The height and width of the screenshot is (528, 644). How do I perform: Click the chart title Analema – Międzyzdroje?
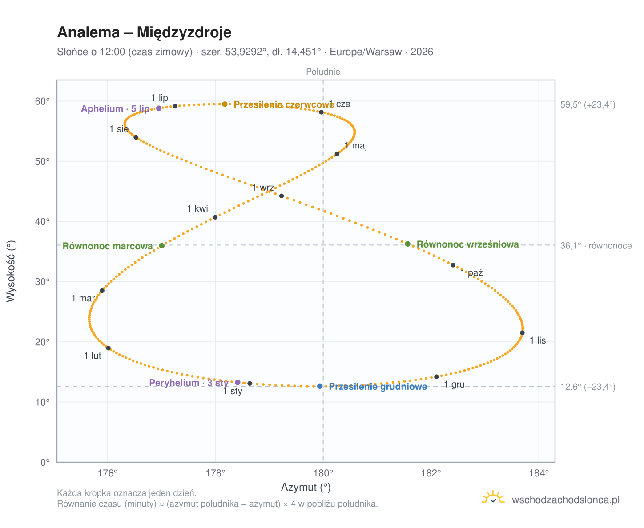click(x=144, y=32)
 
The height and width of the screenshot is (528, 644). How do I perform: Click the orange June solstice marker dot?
click(x=224, y=104)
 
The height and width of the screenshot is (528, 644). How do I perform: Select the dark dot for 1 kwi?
click(x=215, y=217)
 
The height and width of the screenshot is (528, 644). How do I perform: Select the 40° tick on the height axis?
click(x=42, y=221)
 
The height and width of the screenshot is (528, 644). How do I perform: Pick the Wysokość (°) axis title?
click(x=11, y=271)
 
